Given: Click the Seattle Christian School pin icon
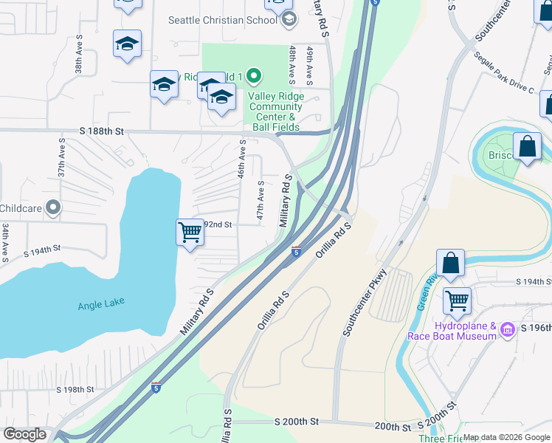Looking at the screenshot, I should pyautogui.click(x=290, y=20).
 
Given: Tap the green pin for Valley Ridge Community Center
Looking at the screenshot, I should pyautogui.click(x=253, y=76).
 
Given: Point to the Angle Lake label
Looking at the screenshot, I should pyautogui.click(x=101, y=302).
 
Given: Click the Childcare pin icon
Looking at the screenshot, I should pyautogui.click(x=52, y=208).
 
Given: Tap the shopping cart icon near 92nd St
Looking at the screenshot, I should pyautogui.click(x=190, y=233).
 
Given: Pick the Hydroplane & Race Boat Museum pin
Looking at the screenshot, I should pyautogui.click(x=507, y=329).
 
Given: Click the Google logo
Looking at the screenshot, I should pyautogui.click(x=24, y=434).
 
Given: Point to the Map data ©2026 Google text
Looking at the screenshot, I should pyautogui.click(x=506, y=437).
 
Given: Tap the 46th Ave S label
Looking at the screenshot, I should pyautogui.click(x=242, y=160).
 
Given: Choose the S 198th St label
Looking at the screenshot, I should pyautogui.click(x=75, y=389).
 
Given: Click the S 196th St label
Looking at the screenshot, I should pyautogui.click(x=536, y=327).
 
